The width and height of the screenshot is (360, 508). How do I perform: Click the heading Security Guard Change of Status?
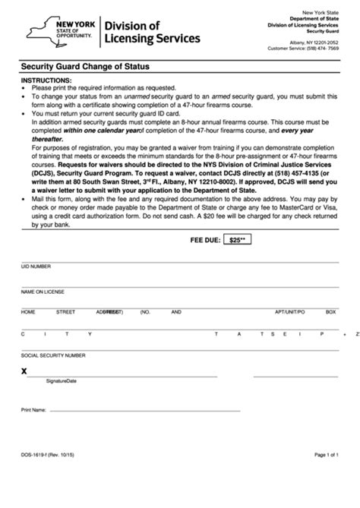click(85, 67)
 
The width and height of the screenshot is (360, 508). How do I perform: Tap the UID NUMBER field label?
click(36, 267)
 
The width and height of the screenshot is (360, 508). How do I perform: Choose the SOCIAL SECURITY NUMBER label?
click(53, 355)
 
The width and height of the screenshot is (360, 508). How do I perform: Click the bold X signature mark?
click(24, 371)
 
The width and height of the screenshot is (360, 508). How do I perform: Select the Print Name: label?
click(34, 409)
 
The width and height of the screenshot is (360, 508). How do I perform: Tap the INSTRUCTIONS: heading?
click(46, 80)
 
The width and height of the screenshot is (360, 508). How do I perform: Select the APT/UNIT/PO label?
click(289, 312)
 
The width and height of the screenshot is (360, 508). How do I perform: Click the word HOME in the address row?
click(28, 312)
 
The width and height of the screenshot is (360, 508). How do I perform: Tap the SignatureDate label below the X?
click(61, 381)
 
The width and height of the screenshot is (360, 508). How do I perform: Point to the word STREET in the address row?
click(65, 312)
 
